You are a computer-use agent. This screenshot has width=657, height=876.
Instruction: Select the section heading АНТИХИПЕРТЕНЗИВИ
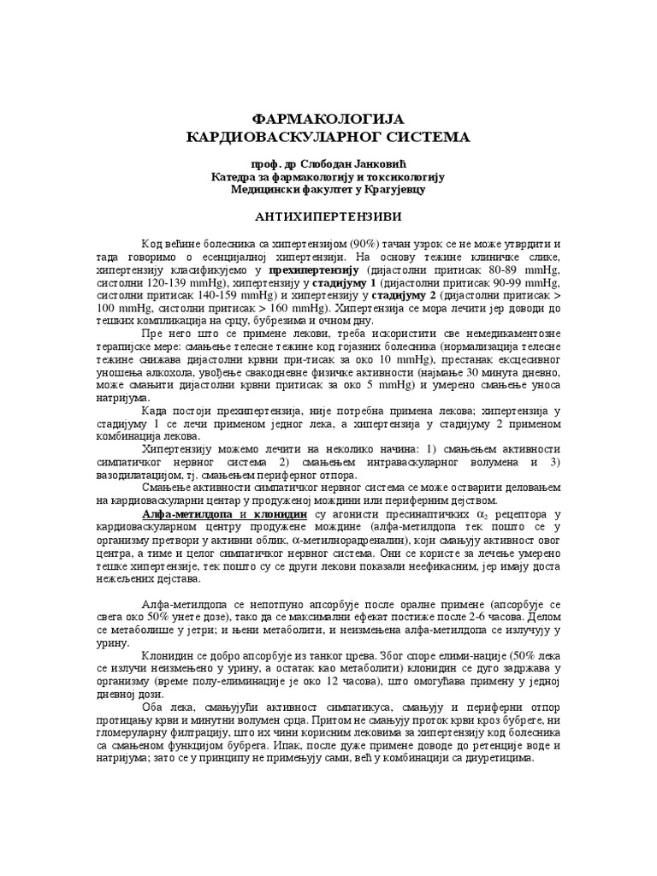[328, 217]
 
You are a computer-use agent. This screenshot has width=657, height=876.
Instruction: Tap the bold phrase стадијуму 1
[345, 283]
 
